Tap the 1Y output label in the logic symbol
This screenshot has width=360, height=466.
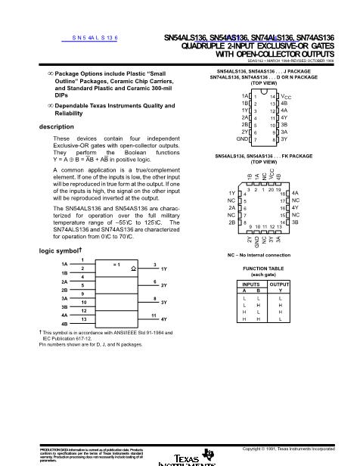pyautogui.click(x=163, y=269)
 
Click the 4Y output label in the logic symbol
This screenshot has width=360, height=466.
pyautogui.click(x=163, y=320)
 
